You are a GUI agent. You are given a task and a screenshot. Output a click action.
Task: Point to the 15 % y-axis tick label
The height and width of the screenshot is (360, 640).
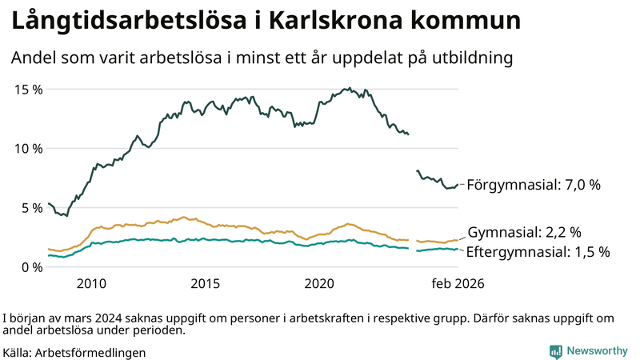28,89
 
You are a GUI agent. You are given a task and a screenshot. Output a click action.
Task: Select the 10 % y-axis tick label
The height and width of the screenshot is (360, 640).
28,148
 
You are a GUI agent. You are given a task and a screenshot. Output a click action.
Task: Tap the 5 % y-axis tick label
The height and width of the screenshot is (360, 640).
31,207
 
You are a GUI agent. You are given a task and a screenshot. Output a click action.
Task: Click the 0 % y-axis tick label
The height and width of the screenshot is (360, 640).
31,266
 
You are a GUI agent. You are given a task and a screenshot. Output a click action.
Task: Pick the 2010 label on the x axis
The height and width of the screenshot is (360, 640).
91,283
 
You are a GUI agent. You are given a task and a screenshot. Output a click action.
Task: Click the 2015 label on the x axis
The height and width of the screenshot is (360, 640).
206,283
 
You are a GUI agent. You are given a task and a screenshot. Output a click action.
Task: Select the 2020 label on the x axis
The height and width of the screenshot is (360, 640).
320,283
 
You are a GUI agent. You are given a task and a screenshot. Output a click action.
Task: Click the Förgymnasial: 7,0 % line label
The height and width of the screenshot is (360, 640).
533,185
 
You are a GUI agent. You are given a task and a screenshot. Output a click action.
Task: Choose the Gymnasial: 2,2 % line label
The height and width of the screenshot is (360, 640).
524,233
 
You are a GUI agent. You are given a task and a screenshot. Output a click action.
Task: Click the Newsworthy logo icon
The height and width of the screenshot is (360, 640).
555,351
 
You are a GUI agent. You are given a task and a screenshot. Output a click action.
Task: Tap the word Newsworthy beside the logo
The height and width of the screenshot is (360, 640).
596,351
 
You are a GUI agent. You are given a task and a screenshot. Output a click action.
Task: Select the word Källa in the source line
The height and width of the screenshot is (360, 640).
17,352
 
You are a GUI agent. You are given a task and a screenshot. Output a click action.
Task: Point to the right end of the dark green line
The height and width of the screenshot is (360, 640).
458,185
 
